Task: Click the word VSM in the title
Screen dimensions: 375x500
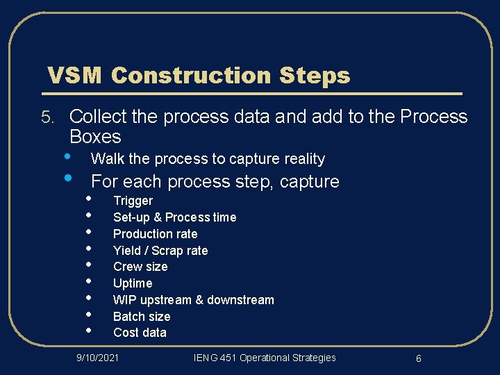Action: coord(74,75)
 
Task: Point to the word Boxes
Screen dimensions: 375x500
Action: coord(95,136)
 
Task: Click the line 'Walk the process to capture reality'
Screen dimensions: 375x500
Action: coord(208,159)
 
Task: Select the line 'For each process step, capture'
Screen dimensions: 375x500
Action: coord(215,182)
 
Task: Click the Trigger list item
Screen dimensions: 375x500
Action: coord(133,201)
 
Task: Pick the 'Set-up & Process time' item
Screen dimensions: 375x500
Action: coord(174,217)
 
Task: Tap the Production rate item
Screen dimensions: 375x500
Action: coord(155,234)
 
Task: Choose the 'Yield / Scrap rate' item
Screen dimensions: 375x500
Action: coord(160,251)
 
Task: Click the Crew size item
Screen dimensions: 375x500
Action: coord(140,267)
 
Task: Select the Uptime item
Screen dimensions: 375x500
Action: coord(133,283)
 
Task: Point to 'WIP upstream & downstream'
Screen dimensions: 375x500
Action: coord(193,300)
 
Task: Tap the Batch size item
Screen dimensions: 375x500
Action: coord(142,317)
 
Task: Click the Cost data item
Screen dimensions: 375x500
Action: coord(140,333)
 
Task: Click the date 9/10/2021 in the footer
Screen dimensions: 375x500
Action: coord(97,358)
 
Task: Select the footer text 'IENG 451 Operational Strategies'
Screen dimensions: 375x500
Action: coord(264,358)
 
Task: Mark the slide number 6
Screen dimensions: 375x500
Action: coord(419,358)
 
